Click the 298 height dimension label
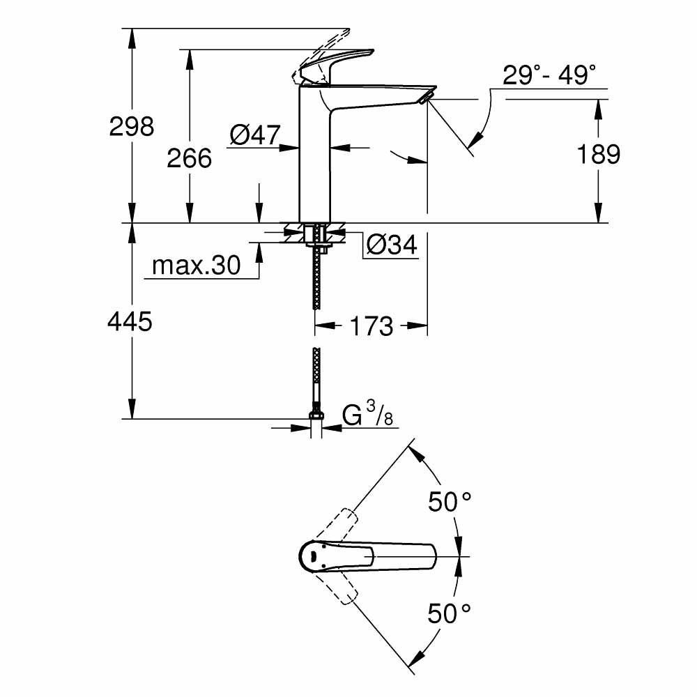point(131,126)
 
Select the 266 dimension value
point(189,158)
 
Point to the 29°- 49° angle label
point(549,75)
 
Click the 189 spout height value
point(598,154)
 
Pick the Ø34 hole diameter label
point(391,245)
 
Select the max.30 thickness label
point(196,265)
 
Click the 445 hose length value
point(130,321)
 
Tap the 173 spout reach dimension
point(370,325)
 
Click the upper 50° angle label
point(450,501)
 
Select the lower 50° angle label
point(450,613)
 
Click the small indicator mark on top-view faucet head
point(313,556)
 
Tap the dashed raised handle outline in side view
point(324,49)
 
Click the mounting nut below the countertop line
point(316,234)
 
